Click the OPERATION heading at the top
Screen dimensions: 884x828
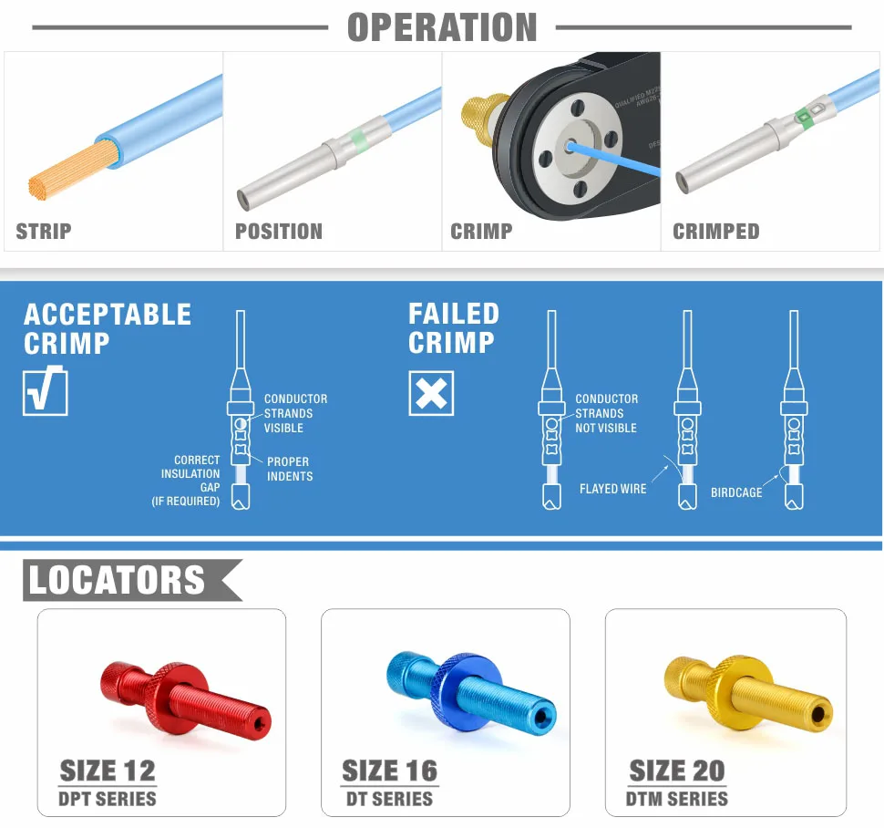(442, 27)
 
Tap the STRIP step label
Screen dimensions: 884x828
(44, 232)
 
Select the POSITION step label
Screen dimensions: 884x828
(279, 232)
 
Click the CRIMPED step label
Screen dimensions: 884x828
(716, 232)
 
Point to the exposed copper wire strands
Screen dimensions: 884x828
(73, 171)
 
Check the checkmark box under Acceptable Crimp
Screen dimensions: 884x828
(45, 391)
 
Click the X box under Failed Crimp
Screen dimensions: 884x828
(431, 393)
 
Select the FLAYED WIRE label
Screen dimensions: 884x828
(612, 489)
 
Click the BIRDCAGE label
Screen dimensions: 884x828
(736, 492)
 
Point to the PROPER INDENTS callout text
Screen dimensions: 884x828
(290, 469)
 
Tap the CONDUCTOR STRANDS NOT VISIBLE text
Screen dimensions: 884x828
(607, 413)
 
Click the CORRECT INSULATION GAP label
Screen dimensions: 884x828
(186, 481)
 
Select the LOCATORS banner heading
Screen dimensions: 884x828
(117, 580)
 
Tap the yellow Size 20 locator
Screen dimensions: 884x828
(748, 694)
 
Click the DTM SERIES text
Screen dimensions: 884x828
(676, 799)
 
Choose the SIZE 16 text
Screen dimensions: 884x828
(389, 771)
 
